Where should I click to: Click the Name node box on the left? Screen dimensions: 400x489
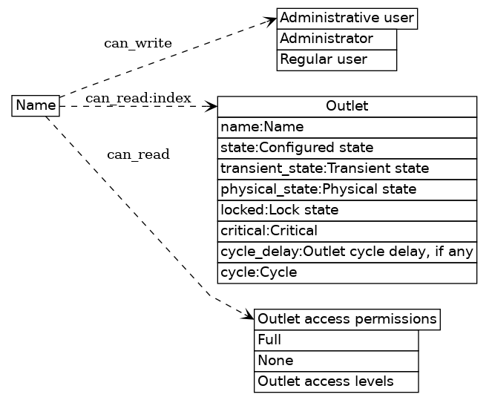[x=36, y=106]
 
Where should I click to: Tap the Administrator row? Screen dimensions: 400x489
[x=337, y=39]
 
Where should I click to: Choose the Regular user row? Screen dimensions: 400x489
[x=337, y=59]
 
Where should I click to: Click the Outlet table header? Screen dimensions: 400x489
[x=347, y=107]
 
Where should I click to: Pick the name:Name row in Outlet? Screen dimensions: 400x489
[x=347, y=127]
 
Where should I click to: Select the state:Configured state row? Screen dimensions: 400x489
[x=347, y=148]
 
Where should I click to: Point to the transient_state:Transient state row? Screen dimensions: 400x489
[x=347, y=168]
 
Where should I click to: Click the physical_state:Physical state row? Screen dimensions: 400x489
[x=347, y=189]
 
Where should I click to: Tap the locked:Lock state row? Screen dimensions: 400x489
[x=347, y=210]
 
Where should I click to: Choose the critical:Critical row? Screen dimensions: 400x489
[x=347, y=231]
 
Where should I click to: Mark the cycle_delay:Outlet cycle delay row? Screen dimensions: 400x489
[x=347, y=252]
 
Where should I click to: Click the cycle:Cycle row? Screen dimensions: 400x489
[x=347, y=272]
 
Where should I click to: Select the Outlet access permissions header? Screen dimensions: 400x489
[x=347, y=319]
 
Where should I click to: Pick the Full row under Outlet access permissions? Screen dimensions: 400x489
[x=336, y=340]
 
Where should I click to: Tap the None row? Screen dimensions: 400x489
[x=336, y=361]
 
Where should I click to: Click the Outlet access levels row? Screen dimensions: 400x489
[x=336, y=381]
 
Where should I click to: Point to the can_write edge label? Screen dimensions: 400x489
[x=138, y=43]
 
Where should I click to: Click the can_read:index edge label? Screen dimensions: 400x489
[x=138, y=98]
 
